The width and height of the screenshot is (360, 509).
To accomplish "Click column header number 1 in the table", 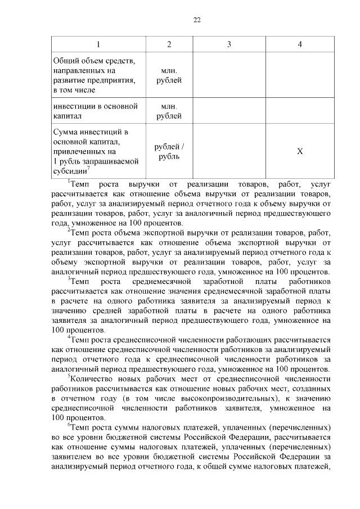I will (x=98, y=44).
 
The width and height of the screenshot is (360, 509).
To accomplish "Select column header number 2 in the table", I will (x=169, y=44).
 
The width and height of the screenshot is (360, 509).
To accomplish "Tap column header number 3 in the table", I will (x=228, y=44).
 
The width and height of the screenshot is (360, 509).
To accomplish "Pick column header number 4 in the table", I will (x=300, y=44).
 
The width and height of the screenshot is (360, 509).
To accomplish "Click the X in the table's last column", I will (x=300, y=152).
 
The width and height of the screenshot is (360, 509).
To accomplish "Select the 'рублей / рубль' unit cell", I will (x=169, y=152).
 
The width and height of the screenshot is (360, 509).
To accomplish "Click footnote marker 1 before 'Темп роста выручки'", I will (x=69, y=182).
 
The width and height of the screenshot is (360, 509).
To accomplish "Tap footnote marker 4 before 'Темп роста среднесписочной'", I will (x=69, y=336).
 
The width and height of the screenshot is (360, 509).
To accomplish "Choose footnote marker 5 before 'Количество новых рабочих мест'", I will (x=69, y=375).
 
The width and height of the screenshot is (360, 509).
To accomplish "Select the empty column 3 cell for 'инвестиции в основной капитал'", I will (x=228, y=111).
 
